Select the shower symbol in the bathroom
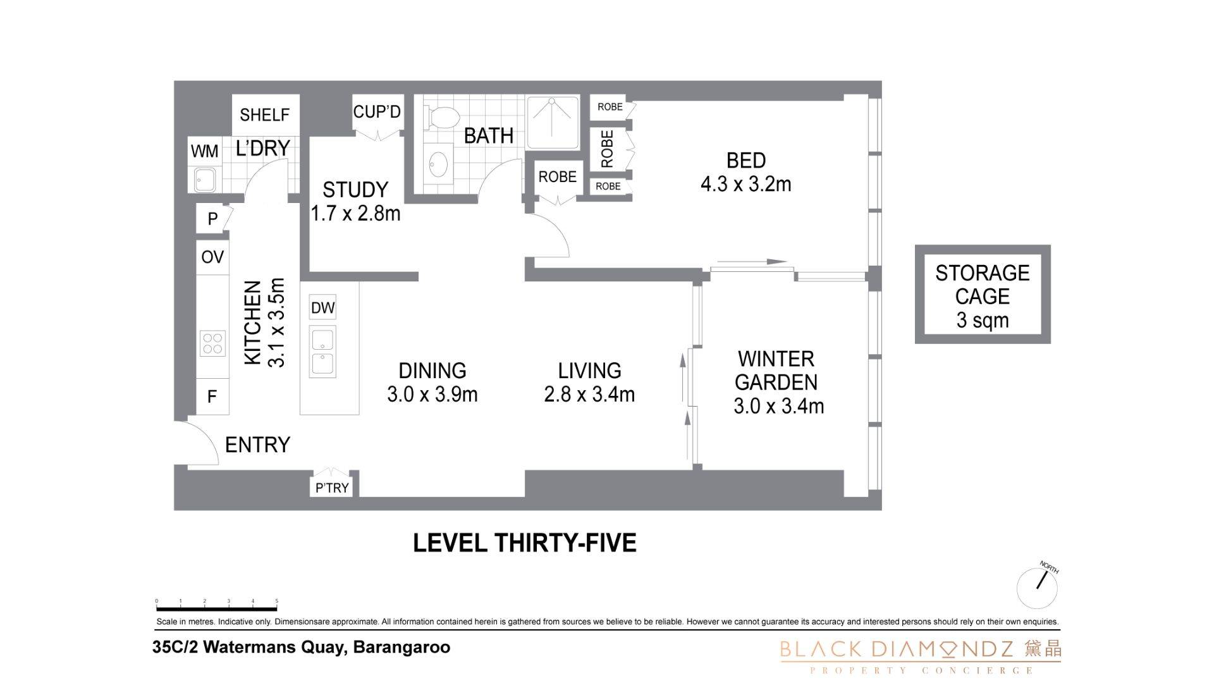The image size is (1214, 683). (552, 122)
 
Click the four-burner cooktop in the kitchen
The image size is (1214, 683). (212, 344)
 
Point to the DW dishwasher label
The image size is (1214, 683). (322, 308)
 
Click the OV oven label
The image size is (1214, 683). (212, 257)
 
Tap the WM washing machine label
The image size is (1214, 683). (204, 151)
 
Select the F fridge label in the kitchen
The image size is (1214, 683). (212, 397)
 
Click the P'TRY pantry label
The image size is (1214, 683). (332, 488)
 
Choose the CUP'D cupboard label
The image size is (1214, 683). (377, 112)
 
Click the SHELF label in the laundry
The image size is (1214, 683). (265, 114)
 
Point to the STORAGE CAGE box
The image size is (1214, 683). (983, 295)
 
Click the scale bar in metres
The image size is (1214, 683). (216, 605)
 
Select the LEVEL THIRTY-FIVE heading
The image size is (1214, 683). (525, 543)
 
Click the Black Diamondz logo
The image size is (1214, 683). (921, 656)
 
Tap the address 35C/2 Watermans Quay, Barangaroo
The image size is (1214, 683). (302, 648)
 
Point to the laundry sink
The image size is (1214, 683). (205, 180)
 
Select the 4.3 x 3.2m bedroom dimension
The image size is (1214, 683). (746, 184)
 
